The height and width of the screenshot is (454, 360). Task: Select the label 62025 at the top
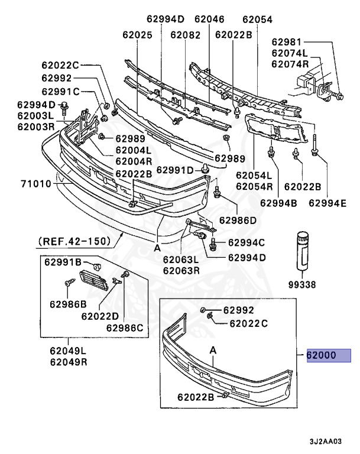point(137,35)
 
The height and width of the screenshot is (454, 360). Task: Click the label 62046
point(209,19)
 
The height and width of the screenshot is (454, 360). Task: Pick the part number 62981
point(287,42)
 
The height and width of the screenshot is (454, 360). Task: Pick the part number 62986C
point(126,328)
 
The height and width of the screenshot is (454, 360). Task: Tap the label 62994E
point(325,203)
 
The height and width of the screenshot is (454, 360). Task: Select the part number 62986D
point(238,220)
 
